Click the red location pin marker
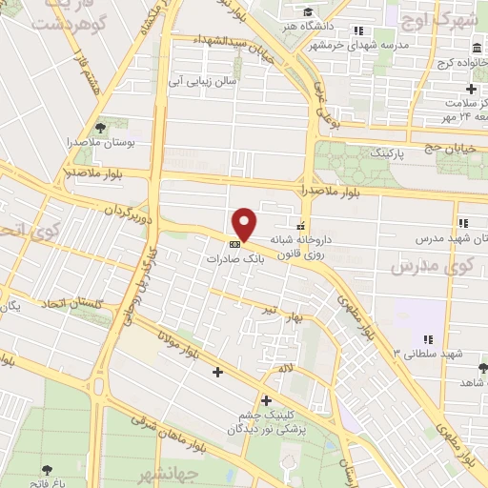(x=245, y=224)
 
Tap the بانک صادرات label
(x=232, y=257)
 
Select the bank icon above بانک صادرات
(x=234, y=243)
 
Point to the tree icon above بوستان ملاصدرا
(x=101, y=127)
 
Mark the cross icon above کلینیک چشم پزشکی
(x=266, y=401)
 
